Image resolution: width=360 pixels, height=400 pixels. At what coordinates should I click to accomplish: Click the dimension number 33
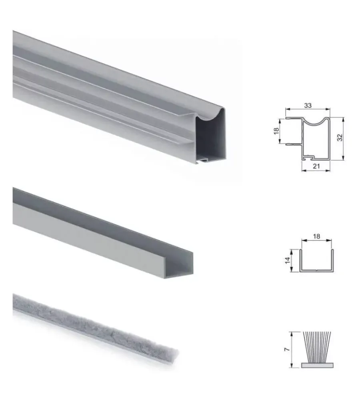coord(308,105)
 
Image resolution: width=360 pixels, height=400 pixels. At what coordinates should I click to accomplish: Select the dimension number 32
coord(340,138)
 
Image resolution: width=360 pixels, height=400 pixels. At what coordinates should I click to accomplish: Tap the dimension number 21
coord(316,166)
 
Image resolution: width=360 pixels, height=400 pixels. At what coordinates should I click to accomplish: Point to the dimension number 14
coord(288,260)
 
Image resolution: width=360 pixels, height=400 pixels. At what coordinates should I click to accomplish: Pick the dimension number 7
coord(287,349)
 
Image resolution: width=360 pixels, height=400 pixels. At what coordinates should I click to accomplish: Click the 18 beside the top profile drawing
coord(276,131)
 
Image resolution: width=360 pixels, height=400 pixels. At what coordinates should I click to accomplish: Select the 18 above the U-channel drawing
coord(316,236)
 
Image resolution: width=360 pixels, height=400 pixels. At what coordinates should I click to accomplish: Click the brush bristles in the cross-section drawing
coord(317,347)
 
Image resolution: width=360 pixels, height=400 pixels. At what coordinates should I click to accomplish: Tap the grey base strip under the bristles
coord(317,365)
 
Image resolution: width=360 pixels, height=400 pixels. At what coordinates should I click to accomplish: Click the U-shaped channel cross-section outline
coord(316,270)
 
